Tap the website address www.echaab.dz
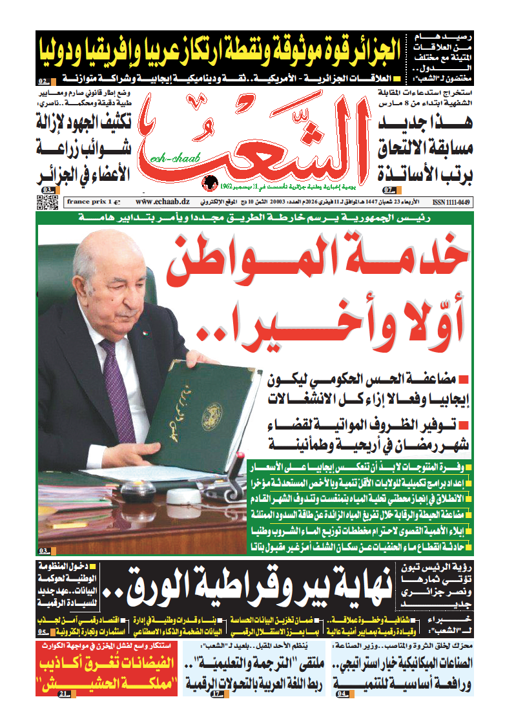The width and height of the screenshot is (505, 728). click(x=158, y=202)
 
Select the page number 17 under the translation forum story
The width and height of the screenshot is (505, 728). click(x=217, y=693)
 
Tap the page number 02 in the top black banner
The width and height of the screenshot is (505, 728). click(x=43, y=82)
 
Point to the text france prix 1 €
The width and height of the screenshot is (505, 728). click(x=89, y=202)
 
